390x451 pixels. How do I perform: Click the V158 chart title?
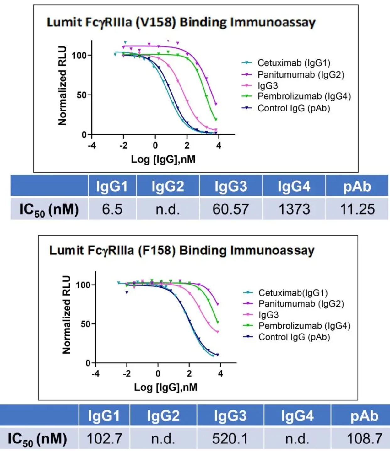(181, 23)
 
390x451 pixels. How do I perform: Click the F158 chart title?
(182, 251)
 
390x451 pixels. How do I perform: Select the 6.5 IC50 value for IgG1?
(112, 209)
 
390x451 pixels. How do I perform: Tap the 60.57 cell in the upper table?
(231, 209)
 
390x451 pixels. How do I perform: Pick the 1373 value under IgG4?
(294, 209)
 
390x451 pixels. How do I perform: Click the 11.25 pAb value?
(357, 209)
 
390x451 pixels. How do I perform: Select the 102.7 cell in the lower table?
(104, 438)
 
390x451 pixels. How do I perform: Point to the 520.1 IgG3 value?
(230, 438)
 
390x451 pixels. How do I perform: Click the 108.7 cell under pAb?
(364, 438)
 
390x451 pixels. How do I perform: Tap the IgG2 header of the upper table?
(168, 186)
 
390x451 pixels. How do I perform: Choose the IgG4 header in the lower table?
(297, 416)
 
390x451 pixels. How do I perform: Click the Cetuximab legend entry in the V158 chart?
(294, 63)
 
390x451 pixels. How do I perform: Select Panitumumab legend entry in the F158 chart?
(301, 304)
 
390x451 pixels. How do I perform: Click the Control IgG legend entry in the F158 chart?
(294, 337)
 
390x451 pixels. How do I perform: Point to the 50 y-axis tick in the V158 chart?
(82, 95)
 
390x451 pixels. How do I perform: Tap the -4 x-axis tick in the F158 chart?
(95, 373)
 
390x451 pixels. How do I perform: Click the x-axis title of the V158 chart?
(163, 159)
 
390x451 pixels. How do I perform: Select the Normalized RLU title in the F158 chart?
(67, 315)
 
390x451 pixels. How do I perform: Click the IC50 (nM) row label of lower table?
(37, 439)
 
